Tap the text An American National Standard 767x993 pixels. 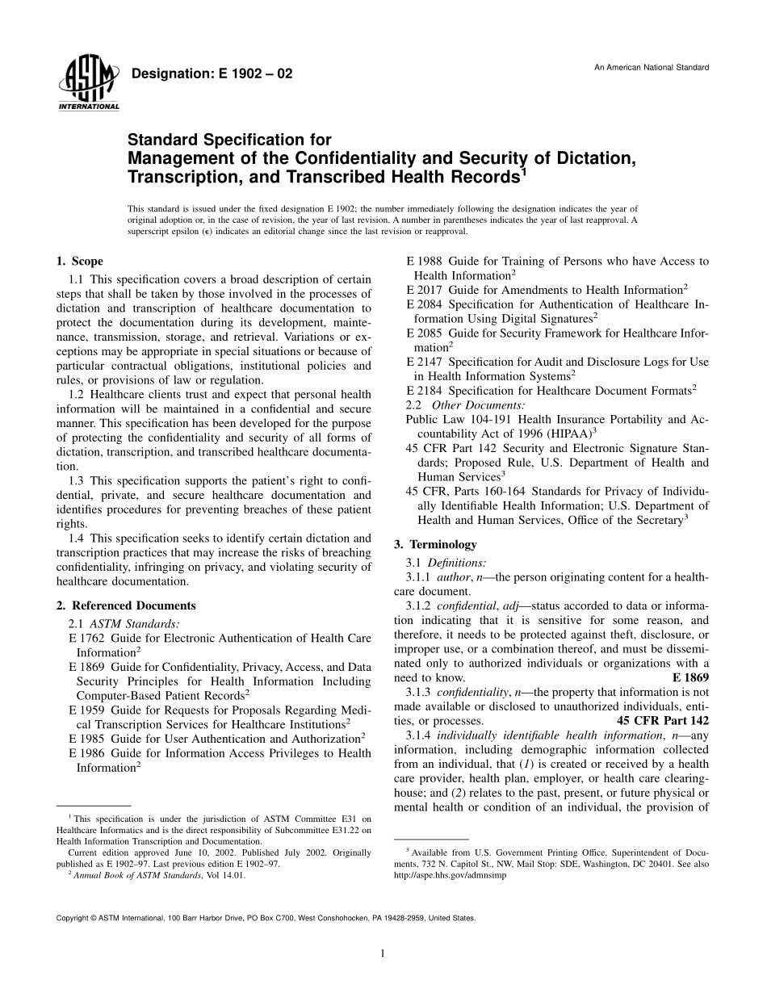[652, 67]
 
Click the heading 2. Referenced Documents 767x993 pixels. [126, 605]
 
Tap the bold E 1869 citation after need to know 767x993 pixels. [690, 677]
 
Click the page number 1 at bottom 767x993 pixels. [383, 953]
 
